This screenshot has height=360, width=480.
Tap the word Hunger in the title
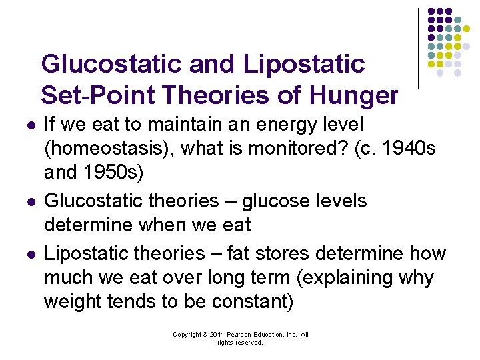pyautogui.click(x=353, y=96)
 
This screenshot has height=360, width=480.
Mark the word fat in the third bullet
pyautogui.click(x=237, y=253)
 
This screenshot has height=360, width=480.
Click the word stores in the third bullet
pyautogui.click(x=283, y=253)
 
